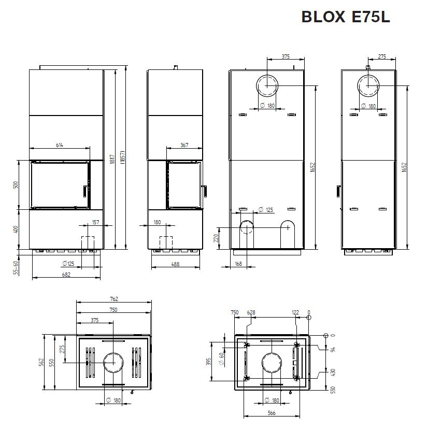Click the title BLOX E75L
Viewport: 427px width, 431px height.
pyautogui.click(x=346, y=17)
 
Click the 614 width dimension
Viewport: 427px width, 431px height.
pyautogui.click(x=60, y=145)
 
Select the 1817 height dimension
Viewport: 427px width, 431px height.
pyautogui.click(x=112, y=159)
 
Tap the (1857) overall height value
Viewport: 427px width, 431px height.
pyautogui.click(x=123, y=157)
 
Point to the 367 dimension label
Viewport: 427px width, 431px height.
pyautogui.click(x=184, y=145)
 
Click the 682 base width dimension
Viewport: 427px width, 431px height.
pyautogui.click(x=66, y=275)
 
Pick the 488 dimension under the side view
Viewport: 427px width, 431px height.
pyautogui.click(x=175, y=264)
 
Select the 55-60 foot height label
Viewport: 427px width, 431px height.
pyautogui.click(x=16, y=268)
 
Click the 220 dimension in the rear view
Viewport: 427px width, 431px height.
pyautogui.click(x=216, y=238)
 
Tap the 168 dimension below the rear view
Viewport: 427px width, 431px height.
pyautogui.click(x=238, y=264)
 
